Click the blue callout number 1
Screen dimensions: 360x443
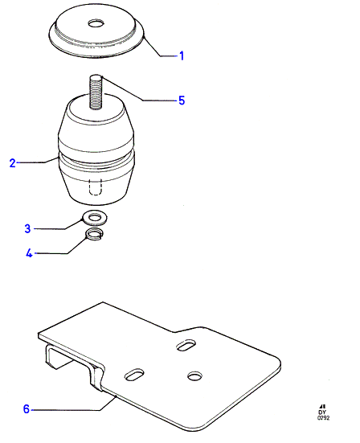182,55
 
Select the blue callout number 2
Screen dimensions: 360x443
12,163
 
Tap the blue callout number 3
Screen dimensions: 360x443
27,228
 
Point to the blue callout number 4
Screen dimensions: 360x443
30,253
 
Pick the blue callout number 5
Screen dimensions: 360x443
182,100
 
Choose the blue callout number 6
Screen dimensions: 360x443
27,408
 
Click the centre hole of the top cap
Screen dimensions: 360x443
96,23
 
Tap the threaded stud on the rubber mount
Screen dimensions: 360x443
96,92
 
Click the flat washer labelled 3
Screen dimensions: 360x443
95,218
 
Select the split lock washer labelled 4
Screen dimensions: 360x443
95,234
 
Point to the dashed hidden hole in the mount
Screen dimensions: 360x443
95,187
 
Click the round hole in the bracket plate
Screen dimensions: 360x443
194,375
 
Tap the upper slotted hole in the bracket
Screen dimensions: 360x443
186,345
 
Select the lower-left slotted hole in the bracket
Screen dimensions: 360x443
134,375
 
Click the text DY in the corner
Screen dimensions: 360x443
322,412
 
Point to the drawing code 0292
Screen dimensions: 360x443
323,418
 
